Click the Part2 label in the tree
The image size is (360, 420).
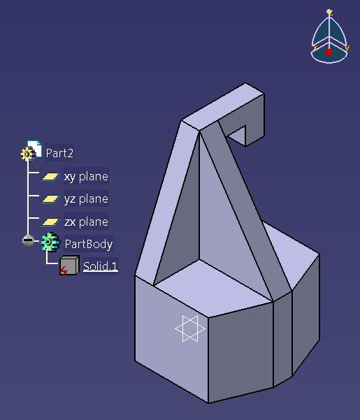[x=59, y=153]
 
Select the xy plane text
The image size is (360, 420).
[x=86, y=177]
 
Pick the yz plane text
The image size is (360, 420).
[x=86, y=199]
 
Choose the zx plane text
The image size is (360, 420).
[x=86, y=222]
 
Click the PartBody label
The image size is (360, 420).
[x=88, y=244]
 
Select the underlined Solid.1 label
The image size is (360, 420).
[x=100, y=266]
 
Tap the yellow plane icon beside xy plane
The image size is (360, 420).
[x=50, y=177]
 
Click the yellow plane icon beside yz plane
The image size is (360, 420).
[x=50, y=199]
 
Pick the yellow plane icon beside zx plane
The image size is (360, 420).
[x=50, y=222]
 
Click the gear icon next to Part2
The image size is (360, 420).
[x=27, y=154]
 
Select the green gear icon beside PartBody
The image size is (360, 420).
[x=50, y=242]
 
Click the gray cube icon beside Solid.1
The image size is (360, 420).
[x=69, y=266]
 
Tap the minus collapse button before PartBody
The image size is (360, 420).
[x=28, y=240]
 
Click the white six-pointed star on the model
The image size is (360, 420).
[x=190, y=328]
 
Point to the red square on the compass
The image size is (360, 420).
[x=329, y=52]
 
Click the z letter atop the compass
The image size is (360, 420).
[x=331, y=13]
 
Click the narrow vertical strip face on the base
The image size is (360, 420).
[x=282, y=338]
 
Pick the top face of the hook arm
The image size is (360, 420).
[x=223, y=107]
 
